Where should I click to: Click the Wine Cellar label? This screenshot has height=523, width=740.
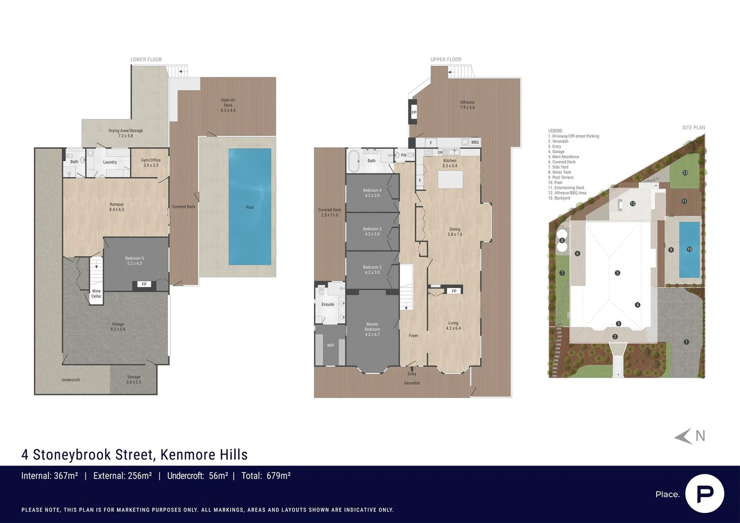[x=96, y=293]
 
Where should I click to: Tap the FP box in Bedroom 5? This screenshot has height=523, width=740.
[x=144, y=284]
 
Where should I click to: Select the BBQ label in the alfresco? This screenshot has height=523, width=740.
[x=474, y=142]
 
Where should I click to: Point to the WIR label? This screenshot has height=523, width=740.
[x=331, y=345]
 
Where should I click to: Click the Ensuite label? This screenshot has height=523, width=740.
[x=328, y=305]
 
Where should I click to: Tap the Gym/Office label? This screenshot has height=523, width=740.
[x=151, y=163]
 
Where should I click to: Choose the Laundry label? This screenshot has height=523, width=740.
[x=110, y=162]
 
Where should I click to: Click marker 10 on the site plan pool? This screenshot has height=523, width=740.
[x=690, y=249]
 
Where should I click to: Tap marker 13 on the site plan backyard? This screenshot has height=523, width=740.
[x=685, y=172]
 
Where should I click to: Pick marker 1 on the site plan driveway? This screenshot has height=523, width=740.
[x=686, y=342]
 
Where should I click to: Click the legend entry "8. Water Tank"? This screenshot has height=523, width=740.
[x=560, y=172]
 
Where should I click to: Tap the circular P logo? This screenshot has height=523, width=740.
[x=704, y=493]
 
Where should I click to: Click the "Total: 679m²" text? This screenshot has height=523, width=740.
[x=266, y=476]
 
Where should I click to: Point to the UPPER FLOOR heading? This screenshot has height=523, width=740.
[x=446, y=60]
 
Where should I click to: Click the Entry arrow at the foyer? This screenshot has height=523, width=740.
[x=412, y=369]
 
